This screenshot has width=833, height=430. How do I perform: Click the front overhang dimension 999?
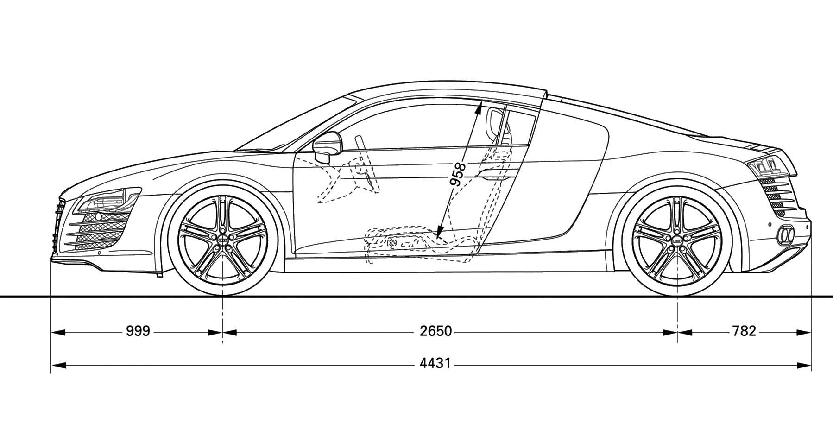click(138, 331)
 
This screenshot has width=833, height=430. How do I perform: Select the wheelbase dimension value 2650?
click(435, 331)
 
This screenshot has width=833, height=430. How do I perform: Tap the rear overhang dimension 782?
click(744, 331)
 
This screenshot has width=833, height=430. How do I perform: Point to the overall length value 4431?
click(435, 363)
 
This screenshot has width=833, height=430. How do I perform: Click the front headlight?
click(107, 200)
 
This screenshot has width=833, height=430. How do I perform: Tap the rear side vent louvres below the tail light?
click(773, 196)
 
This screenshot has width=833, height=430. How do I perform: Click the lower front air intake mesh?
click(100, 230)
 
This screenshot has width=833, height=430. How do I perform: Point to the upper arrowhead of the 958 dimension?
click(480, 109)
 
